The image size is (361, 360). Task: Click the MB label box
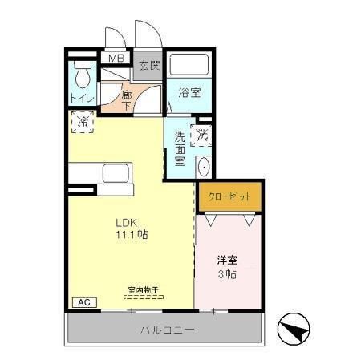[x=116, y=59]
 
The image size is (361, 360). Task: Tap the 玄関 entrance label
[x=148, y=66]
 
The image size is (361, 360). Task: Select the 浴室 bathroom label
[x=189, y=92]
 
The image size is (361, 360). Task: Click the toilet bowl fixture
[x=82, y=77]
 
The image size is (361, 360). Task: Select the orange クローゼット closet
[x=229, y=196]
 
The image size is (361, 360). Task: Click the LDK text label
[x=127, y=222]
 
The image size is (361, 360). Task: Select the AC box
[x=83, y=302]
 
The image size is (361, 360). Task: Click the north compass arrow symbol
[x=296, y=330]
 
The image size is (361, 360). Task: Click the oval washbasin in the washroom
[x=203, y=167]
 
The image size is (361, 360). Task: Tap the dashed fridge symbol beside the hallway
[x=83, y=122]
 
